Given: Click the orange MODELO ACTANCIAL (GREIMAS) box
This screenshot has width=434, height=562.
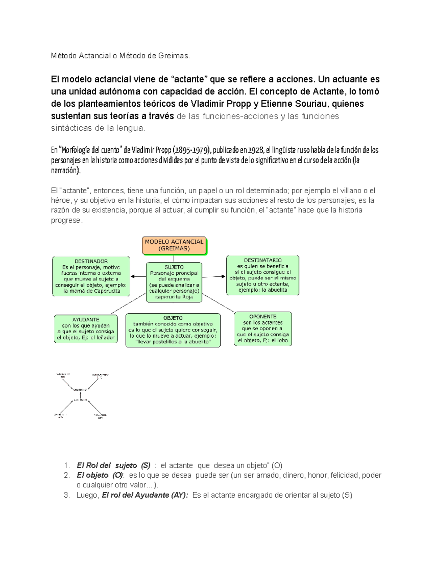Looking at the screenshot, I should (x=174, y=245).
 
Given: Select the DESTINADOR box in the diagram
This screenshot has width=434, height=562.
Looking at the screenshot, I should (x=91, y=276).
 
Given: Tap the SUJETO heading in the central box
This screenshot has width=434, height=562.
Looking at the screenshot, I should (x=174, y=267).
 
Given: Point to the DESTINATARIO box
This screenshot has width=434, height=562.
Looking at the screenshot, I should (x=263, y=275).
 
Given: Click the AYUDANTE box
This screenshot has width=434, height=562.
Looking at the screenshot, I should (x=86, y=329).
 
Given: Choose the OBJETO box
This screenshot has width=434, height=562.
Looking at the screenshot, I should (x=173, y=330).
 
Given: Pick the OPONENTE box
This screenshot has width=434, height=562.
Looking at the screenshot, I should (x=263, y=329).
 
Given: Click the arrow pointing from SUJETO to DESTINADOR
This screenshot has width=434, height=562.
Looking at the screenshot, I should (x=138, y=276).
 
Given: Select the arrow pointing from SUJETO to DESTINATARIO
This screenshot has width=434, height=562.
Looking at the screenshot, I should (x=214, y=276).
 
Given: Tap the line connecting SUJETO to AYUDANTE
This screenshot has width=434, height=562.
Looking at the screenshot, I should (x=128, y=304).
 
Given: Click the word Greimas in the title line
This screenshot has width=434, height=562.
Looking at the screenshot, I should (x=174, y=56).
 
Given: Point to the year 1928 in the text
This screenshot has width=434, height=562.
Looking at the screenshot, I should (x=256, y=150).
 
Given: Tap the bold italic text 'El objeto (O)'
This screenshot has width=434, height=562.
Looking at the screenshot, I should (x=100, y=475).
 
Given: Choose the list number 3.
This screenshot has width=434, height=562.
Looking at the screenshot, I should (x=66, y=495).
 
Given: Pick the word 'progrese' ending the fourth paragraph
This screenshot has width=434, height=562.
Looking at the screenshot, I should (x=66, y=220).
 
